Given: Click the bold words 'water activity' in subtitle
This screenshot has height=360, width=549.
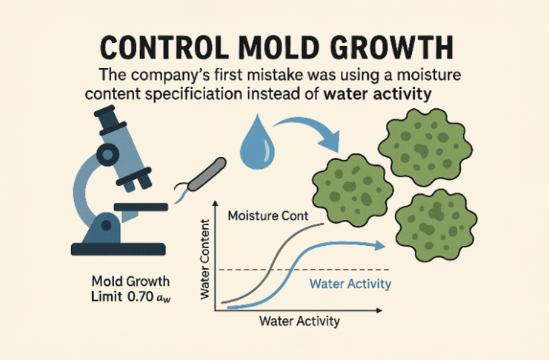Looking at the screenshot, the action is pos(377,94).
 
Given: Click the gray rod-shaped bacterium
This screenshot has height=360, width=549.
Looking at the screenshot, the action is pos(207,174).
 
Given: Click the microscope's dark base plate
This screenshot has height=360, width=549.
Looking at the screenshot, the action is pos(119,249).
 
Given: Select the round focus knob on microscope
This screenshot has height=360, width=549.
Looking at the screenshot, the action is pos(108,154).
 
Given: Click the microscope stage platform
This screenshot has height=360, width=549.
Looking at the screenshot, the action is pos(141,207).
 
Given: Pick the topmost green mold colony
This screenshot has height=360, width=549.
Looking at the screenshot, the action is pos(425,147).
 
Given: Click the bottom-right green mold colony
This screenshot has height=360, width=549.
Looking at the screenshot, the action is pos(436,225).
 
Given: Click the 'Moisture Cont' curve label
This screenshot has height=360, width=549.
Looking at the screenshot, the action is pos(268,216).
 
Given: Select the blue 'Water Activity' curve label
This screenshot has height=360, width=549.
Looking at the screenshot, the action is pos(350,284).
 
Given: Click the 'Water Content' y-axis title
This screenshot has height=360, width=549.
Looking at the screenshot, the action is pos(204,259).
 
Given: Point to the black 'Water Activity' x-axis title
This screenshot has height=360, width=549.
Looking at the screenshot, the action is pos(299,321).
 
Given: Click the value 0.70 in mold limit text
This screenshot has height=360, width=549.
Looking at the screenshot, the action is pos(141,296).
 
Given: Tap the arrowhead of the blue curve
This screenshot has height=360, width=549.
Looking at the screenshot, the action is pos(380,245).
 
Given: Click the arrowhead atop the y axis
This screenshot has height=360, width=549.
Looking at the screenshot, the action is pos(216,203).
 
